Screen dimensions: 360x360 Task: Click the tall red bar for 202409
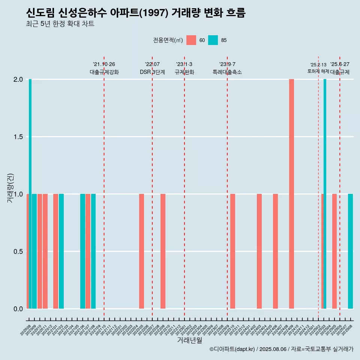(291, 194)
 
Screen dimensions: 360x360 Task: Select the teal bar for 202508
(350, 251)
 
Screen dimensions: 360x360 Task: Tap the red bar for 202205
(141, 251)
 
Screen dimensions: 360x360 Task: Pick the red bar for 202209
(163, 251)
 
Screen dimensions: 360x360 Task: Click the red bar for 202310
(232, 251)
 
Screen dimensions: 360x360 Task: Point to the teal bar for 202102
(61, 251)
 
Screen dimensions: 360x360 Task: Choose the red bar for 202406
(275, 251)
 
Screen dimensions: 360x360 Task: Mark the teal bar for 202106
(82, 251)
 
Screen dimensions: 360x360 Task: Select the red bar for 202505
(334, 251)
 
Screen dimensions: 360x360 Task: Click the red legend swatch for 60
(191, 40)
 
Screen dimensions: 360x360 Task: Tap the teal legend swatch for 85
(213, 40)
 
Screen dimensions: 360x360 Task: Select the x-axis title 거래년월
(189, 340)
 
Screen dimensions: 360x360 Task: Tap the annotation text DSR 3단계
(152, 72)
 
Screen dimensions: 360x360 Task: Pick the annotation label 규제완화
(184, 72)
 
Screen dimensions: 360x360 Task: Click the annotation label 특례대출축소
(227, 72)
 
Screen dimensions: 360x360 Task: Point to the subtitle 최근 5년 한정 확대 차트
(60, 24)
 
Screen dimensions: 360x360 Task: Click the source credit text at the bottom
(281, 349)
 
